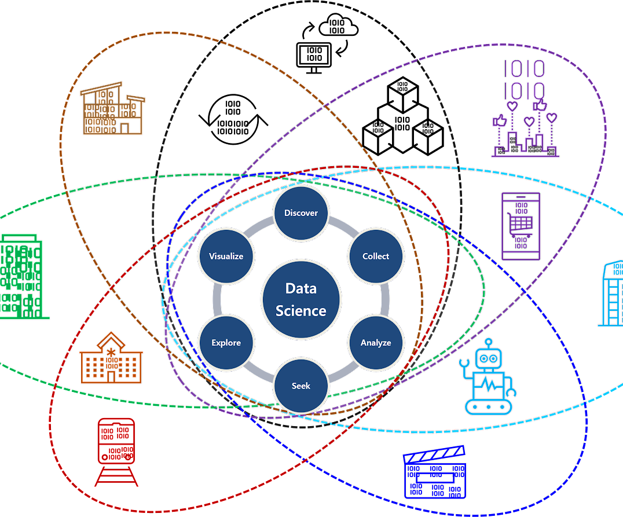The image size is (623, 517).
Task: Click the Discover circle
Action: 301,213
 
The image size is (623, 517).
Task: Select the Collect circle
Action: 376,256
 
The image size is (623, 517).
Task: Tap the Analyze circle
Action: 376,343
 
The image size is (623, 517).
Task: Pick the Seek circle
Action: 301,386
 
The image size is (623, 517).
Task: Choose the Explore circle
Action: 226,343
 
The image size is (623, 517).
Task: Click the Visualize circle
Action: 226,256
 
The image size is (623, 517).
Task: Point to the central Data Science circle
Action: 301,300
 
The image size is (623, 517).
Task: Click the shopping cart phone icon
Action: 521,226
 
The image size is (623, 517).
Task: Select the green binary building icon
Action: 20,276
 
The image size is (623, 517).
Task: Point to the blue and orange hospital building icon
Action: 111,358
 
